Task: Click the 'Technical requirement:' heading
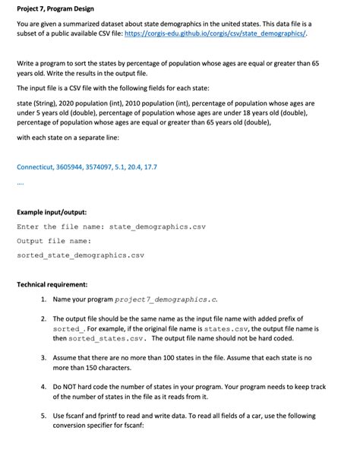(x=55, y=285)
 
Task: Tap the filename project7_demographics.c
(x=169, y=299)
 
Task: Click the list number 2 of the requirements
(x=43, y=318)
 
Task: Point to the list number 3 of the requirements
(x=43, y=356)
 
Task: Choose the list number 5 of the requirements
(x=43, y=416)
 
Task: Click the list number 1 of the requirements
(x=43, y=299)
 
